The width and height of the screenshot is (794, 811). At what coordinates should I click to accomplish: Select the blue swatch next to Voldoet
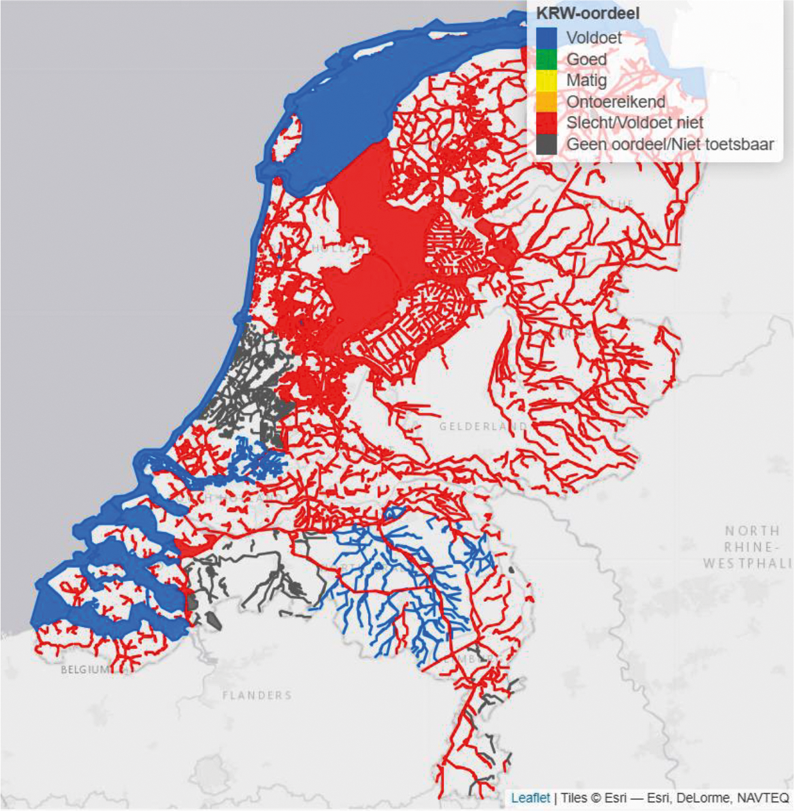[547, 37]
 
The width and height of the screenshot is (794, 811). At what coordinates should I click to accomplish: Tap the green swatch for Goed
[547, 59]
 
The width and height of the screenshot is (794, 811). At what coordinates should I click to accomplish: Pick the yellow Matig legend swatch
[547, 81]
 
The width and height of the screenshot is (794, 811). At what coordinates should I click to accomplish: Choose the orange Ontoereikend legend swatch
[547, 102]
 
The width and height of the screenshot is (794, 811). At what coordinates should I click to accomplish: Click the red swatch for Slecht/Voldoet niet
[547, 123]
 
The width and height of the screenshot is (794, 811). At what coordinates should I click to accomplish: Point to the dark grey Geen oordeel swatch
[547, 144]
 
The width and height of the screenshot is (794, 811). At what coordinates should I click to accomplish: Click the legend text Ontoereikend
[615, 102]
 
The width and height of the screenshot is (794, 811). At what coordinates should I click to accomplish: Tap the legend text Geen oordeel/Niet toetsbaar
[669, 144]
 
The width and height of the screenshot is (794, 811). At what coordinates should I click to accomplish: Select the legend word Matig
[587, 81]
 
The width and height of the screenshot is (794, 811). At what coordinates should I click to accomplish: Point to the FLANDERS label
[257, 695]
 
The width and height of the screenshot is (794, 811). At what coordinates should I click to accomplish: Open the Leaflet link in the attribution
[531, 798]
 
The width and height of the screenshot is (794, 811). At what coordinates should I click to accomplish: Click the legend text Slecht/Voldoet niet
[635, 123]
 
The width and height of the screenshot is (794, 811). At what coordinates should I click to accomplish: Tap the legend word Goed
[587, 59]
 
